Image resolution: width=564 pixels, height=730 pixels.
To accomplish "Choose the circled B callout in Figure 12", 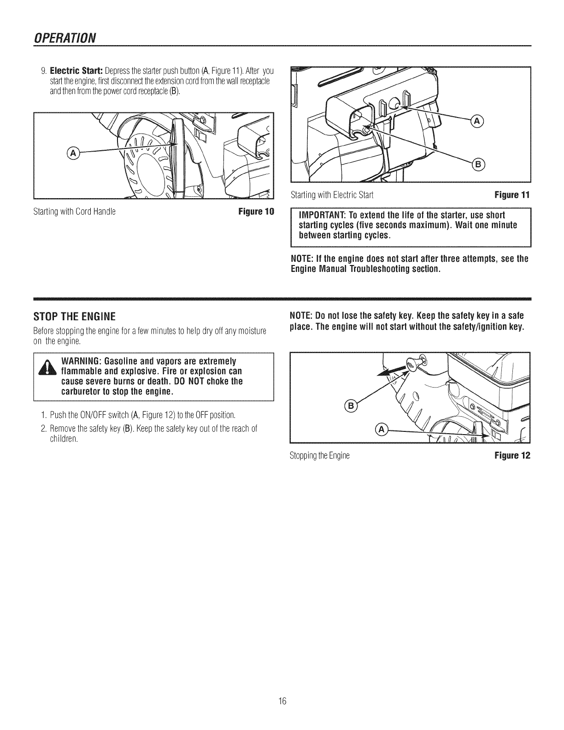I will [x=350, y=406].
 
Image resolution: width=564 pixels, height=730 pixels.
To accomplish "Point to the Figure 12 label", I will [x=512, y=456].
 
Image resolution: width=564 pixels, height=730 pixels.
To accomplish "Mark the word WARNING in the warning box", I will [x=81, y=360].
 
